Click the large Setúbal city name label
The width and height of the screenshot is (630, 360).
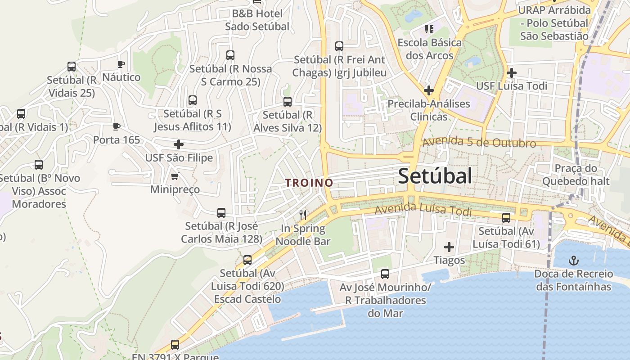pos(435,176)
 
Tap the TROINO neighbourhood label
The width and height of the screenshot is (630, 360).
pos(309,183)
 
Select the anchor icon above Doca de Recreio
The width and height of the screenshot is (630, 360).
pos(573,260)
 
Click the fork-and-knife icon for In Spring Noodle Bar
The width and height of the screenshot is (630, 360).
pos(303,215)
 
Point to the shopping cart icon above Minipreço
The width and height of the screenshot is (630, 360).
pos(175,176)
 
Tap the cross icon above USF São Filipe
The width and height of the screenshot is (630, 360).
pos(179,144)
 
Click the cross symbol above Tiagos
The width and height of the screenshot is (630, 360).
pos(449,247)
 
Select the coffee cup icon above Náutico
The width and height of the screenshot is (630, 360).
pos(121,64)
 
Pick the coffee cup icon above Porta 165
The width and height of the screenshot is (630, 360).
pos(117,127)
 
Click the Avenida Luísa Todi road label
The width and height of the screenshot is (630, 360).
pos(423,210)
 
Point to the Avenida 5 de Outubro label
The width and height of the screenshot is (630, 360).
pos(479,142)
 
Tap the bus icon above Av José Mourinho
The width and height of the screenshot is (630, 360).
pos(385,274)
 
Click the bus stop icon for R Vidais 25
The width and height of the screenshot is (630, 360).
pos(72,67)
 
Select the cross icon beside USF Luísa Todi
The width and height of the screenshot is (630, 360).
pos(511,73)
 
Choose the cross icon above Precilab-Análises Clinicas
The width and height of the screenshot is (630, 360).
pos(428,90)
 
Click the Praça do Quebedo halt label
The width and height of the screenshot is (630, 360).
pos(576,175)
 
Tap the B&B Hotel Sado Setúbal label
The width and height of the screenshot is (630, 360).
pos(257,20)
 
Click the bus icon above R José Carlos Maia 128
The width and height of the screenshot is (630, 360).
pos(221,212)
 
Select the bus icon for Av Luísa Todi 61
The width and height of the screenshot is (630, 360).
pos(506,218)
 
